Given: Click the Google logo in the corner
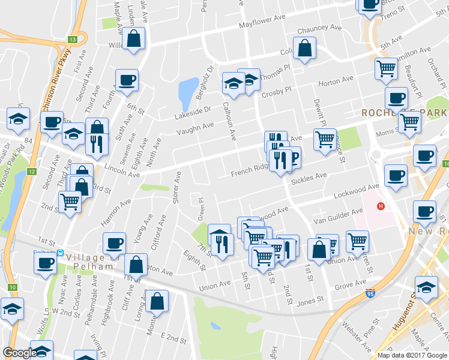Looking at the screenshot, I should point(19,353).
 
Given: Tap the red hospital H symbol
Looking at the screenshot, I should point(380,207).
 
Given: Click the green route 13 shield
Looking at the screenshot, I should point(72,39).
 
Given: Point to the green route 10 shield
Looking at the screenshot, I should point(12,287).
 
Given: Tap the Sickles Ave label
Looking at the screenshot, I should point(309,178).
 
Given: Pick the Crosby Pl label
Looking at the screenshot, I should point(276,91).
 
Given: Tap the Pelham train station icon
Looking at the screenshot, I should point(61,253).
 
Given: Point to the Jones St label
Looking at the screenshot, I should point(310,299).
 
